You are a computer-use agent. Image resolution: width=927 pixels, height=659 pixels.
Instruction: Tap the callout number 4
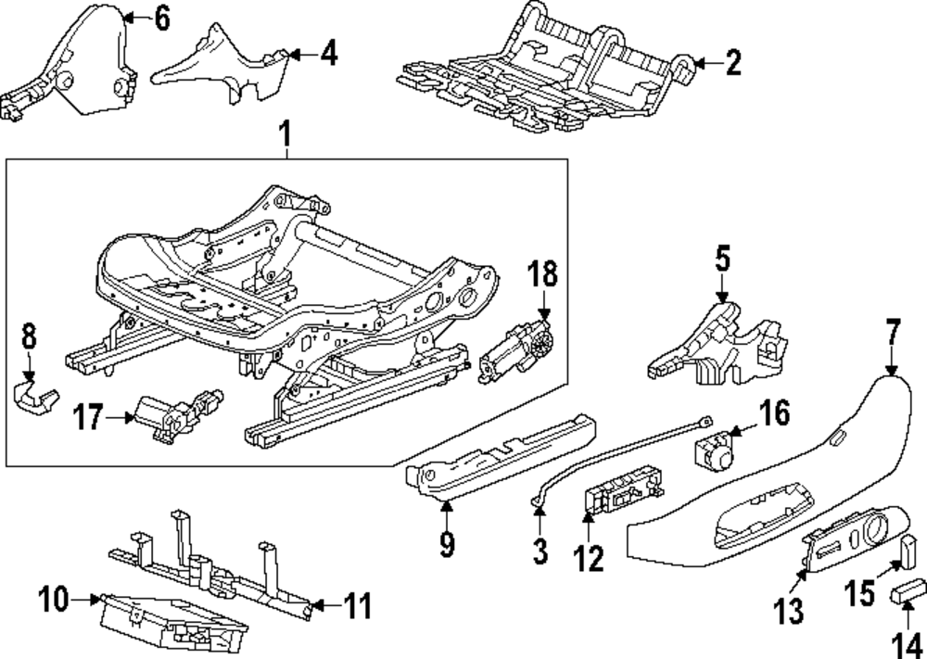pos(327,55)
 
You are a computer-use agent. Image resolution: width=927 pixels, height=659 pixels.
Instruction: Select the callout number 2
pos(732,63)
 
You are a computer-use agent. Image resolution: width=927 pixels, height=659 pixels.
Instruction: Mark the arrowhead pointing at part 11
pos(312,607)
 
